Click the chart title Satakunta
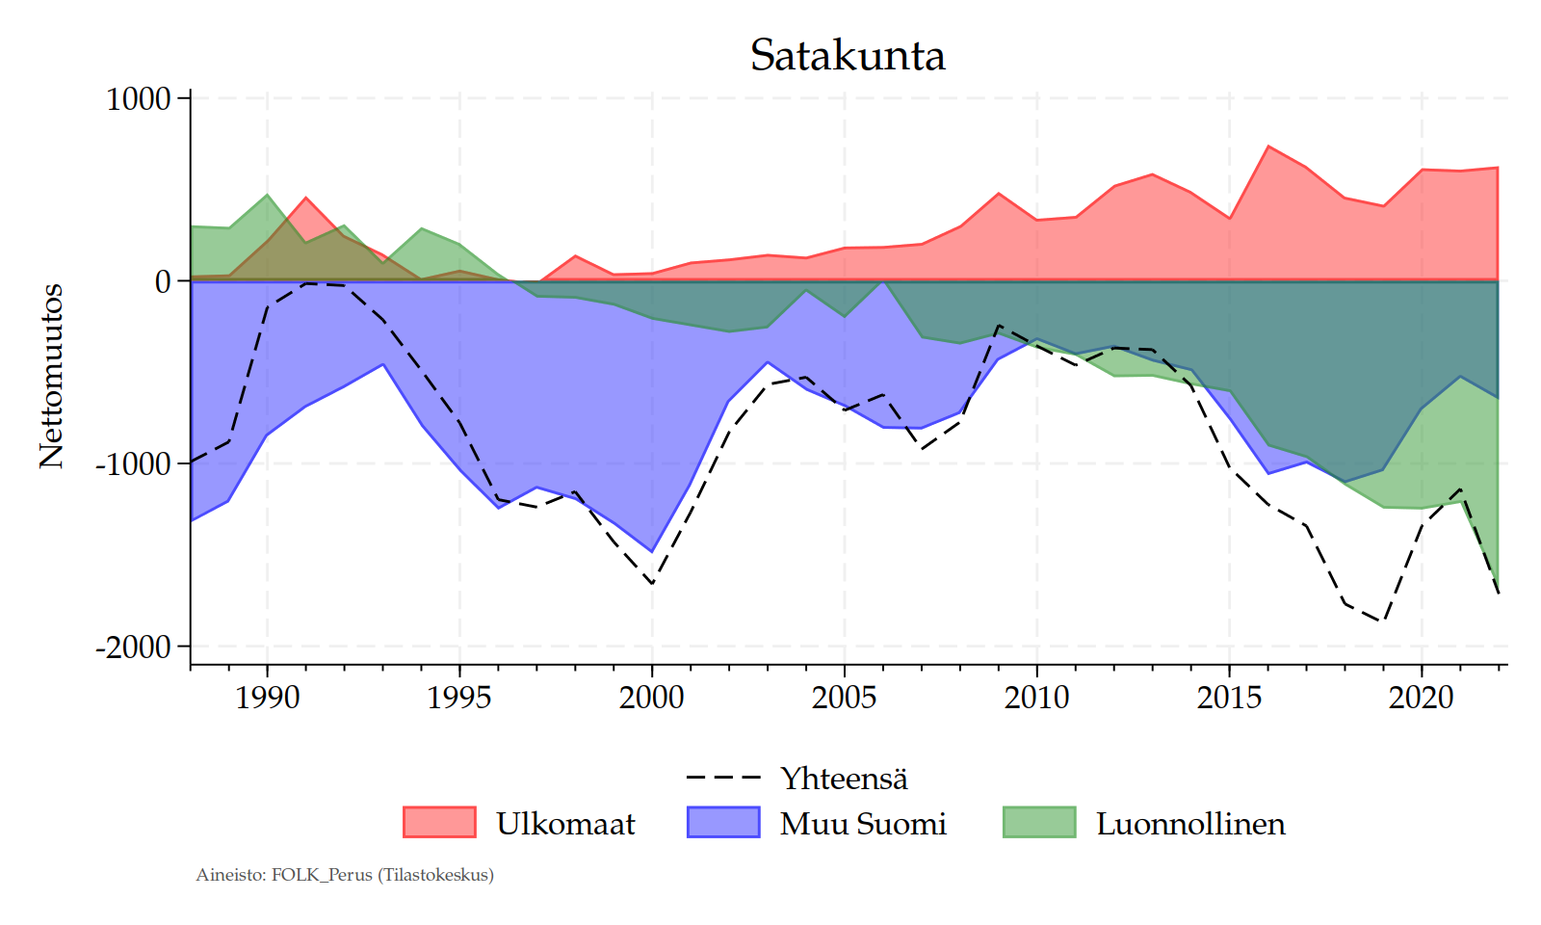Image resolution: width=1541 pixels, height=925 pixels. [x=848, y=56]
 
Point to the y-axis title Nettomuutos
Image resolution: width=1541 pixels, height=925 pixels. [x=51, y=376]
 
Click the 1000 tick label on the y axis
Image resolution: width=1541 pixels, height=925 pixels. [x=139, y=98]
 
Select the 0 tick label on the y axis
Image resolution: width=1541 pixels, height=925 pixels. [x=163, y=281]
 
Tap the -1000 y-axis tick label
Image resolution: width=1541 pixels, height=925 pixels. [x=133, y=463]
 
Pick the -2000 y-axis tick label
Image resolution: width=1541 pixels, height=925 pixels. [x=133, y=647]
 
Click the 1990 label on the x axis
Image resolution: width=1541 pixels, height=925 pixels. [x=267, y=697]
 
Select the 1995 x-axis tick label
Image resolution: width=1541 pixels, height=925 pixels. [x=459, y=697]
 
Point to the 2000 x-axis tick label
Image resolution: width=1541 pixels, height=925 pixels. [x=652, y=697]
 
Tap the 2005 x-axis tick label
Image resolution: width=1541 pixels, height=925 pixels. [x=845, y=697]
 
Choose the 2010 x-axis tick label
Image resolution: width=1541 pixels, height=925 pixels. [x=1037, y=697]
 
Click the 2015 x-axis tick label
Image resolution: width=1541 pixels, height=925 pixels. [x=1229, y=697]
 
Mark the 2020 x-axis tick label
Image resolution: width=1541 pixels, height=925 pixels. [x=1422, y=697]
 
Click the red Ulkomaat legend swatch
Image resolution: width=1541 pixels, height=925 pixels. [x=439, y=823]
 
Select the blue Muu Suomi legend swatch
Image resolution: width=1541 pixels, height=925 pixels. [x=723, y=823]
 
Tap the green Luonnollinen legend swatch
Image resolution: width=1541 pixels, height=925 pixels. [x=1039, y=823]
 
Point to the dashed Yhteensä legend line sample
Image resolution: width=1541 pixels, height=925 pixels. [x=723, y=778]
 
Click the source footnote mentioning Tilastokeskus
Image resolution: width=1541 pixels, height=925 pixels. [x=345, y=875]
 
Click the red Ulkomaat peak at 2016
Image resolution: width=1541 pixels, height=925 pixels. [x=1268, y=146]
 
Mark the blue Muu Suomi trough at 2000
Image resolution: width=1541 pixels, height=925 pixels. [x=652, y=552]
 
